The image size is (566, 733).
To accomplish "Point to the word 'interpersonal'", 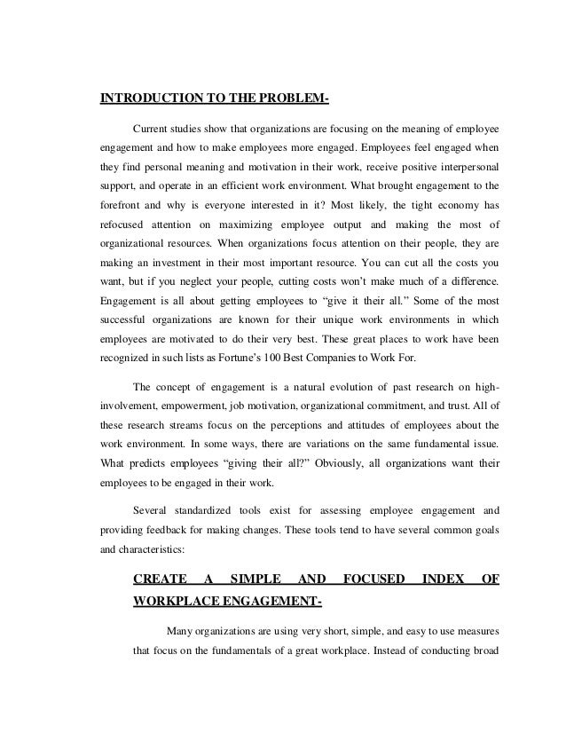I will pyautogui.click(x=466, y=169).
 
